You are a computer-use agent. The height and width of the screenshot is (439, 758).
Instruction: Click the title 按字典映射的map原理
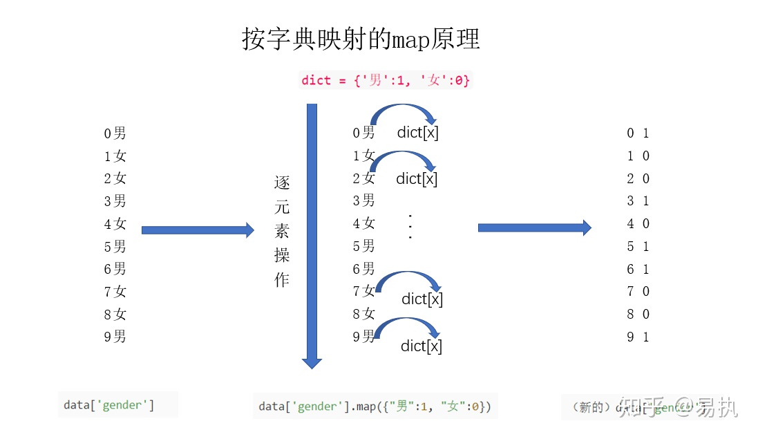coord(361,39)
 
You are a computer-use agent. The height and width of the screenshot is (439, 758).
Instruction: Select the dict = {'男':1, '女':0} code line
coord(386,80)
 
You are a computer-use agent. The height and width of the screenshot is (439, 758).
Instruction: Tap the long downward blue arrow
coord(312,235)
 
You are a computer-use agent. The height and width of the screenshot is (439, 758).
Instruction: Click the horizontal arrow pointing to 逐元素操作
coord(198,230)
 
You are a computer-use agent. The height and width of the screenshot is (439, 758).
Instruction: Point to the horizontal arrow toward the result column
coord(534,227)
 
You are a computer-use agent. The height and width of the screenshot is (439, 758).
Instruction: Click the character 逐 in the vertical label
coord(282,184)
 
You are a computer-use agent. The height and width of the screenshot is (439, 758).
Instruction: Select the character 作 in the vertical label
coord(282,279)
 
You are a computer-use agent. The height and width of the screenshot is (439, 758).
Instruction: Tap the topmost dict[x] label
coord(417,132)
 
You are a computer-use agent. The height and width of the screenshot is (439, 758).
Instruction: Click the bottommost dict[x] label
coord(421,346)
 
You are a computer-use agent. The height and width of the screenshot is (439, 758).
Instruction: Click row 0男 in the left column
coord(115,133)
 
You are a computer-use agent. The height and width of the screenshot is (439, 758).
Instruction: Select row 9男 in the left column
coord(115,337)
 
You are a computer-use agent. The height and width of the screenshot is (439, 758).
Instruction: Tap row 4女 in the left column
coord(115,223)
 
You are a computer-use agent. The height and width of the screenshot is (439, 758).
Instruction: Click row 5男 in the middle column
coord(364,246)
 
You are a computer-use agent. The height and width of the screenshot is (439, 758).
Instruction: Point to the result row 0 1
coord(638,133)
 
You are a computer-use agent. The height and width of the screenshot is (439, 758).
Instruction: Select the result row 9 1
coord(638,337)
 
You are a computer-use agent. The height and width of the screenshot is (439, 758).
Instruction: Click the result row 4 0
coord(638,223)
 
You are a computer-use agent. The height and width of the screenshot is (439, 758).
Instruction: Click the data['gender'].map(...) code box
coord(375,407)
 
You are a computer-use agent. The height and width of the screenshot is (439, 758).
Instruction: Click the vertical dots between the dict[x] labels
coord(410,227)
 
